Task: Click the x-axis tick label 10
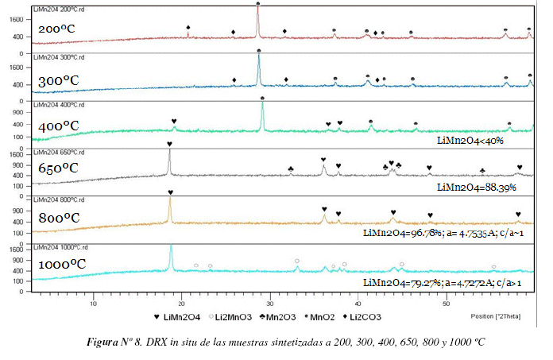(94, 304)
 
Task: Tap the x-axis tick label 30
(270, 304)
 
